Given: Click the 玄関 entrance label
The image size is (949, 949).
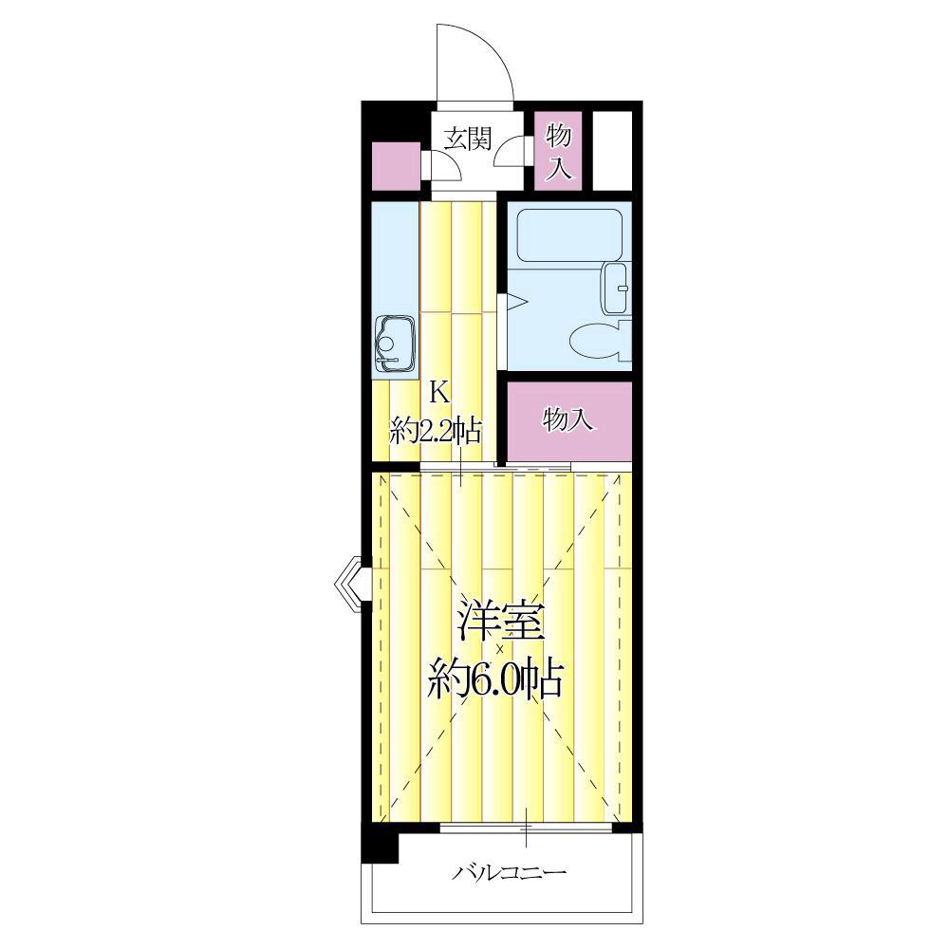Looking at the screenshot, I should point(468,140).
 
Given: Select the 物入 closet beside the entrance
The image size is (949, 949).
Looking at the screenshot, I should point(558,152).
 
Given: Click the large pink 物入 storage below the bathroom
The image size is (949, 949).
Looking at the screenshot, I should point(568,419).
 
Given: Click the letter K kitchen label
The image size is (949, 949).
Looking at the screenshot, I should point(437,389).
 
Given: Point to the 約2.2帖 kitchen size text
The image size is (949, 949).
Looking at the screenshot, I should point(437,432).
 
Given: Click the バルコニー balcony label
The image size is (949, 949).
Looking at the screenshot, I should point(509,871).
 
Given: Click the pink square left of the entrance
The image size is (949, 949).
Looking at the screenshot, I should point(396,166).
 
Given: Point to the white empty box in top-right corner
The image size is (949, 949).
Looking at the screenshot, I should point(612,150).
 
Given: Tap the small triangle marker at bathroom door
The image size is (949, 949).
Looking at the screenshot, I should point(515,303).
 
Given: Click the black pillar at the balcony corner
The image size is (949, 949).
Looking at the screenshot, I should point(381,843).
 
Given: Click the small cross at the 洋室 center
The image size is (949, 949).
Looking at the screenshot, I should point(499,649).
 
